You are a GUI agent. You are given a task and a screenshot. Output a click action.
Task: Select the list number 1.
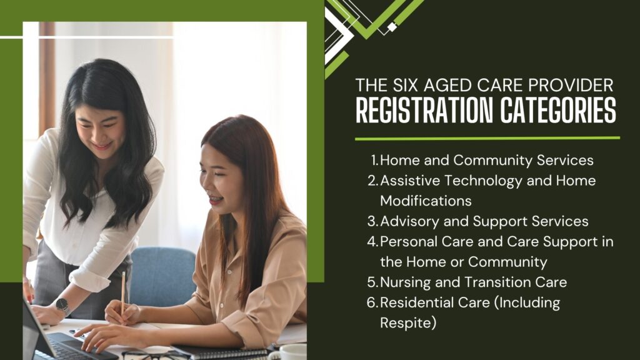pyautogui.click(x=375, y=160)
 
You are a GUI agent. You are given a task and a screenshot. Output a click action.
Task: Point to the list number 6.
pyautogui.click(x=372, y=302)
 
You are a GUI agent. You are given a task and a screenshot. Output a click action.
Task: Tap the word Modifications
pyautogui.click(x=426, y=201)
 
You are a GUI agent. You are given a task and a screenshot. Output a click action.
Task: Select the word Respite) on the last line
pyautogui.click(x=408, y=323)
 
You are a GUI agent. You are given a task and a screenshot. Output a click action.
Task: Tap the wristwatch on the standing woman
pyautogui.click(x=62, y=306)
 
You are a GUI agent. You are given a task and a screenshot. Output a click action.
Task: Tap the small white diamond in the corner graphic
pyautogui.click(x=392, y=27)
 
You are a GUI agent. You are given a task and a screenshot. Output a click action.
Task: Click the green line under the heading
pyautogui.click(x=487, y=138)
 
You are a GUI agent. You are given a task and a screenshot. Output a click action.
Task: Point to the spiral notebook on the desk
pyautogui.click(x=221, y=352)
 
